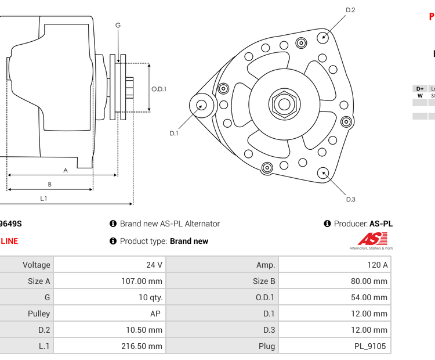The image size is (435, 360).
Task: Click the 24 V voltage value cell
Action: tap(154, 265)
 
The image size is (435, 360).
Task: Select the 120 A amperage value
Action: tap(377, 265)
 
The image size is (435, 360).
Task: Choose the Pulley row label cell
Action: tap(39, 314)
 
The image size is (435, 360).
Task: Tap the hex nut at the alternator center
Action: tap(283, 105)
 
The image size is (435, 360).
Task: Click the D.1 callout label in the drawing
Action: tap(173, 133)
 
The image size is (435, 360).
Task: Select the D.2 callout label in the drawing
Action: tap(350, 10)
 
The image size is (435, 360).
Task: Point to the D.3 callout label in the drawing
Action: tap(350, 200)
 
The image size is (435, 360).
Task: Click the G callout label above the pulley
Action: tap(118, 25)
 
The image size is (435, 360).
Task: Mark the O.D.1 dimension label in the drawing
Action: tap(159, 89)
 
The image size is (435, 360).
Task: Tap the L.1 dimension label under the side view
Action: tap(43, 198)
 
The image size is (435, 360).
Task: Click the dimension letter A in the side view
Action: tap(66, 170)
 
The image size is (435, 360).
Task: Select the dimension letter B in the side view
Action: tap(49, 184)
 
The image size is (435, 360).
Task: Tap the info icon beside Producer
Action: tap(327, 224)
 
